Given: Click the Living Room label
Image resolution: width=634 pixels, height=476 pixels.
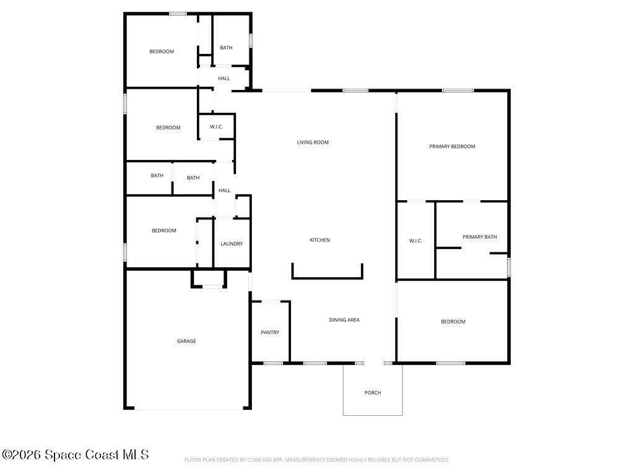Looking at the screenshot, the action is (x=313, y=143).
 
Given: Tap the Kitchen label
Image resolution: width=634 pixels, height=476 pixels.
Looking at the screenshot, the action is (x=320, y=240).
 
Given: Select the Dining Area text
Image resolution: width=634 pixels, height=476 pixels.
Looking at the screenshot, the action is (x=344, y=320).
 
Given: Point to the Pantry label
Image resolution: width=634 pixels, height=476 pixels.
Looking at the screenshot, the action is (x=270, y=332).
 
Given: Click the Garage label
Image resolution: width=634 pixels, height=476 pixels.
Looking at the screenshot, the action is (x=186, y=342).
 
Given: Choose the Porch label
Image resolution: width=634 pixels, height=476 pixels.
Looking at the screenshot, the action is (x=373, y=392).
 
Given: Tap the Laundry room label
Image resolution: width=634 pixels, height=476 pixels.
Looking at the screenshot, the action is (x=232, y=244).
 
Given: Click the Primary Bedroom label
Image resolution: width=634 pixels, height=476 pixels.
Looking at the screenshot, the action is (x=452, y=146).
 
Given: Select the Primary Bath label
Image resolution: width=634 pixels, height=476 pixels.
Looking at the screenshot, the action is (x=480, y=237).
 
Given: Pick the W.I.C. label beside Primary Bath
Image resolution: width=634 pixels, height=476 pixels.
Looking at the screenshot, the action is (x=415, y=241).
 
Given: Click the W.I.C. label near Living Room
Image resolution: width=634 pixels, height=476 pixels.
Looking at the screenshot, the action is (x=216, y=126).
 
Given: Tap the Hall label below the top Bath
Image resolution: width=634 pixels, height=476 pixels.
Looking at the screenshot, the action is (x=224, y=79).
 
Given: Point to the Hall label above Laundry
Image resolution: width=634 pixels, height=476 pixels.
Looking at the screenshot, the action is (x=224, y=190).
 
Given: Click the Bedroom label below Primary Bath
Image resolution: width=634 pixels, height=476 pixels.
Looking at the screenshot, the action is (x=453, y=322).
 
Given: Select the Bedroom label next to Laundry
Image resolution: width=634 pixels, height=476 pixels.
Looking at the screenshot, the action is (x=163, y=231).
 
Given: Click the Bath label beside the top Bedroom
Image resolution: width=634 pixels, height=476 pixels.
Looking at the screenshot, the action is (x=226, y=48).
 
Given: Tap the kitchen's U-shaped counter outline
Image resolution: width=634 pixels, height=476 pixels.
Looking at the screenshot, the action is (x=327, y=278).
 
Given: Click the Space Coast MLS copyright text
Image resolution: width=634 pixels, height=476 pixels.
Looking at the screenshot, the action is (x=75, y=454).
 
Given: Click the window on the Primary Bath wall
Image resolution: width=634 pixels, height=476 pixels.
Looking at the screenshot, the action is (x=509, y=267).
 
